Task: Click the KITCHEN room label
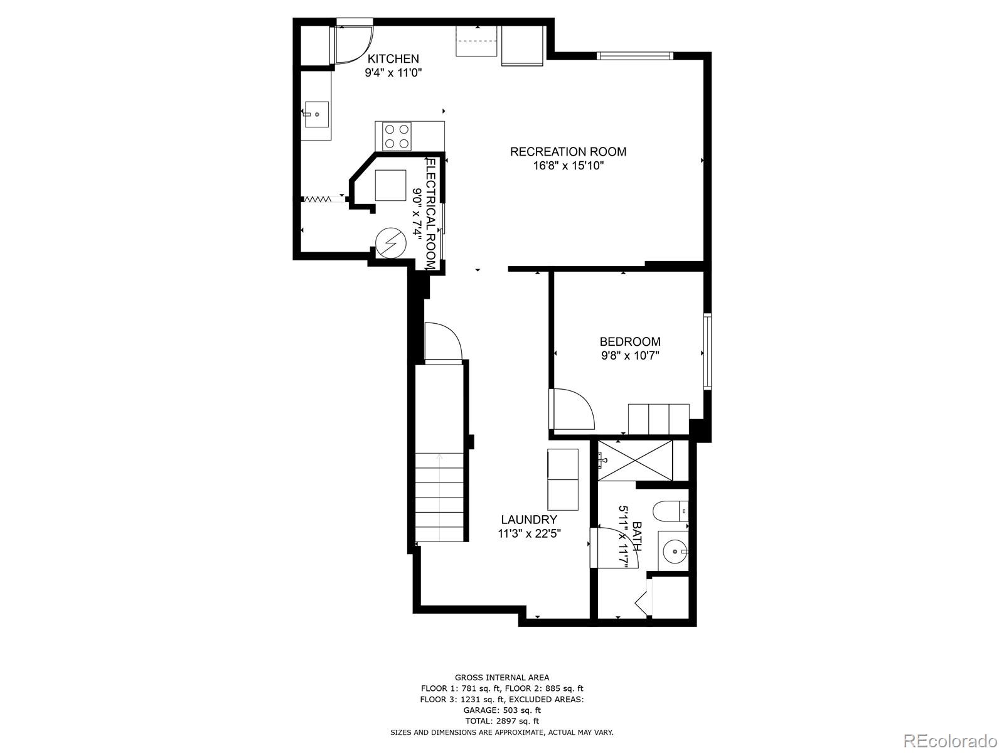click(x=393, y=59)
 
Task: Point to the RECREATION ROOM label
click(x=568, y=152)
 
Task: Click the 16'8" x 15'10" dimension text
click(x=568, y=166)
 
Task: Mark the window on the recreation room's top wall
click(x=635, y=56)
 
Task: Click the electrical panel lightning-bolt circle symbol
click(x=391, y=243)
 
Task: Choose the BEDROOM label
click(x=630, y=341)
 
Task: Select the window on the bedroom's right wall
click(x=708, y=351)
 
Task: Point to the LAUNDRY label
click(x=529, y=520)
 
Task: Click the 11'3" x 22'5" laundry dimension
click(x=529, y=533)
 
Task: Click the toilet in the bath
click(x=671, y=511)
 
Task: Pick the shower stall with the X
click(x=635, y=461)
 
